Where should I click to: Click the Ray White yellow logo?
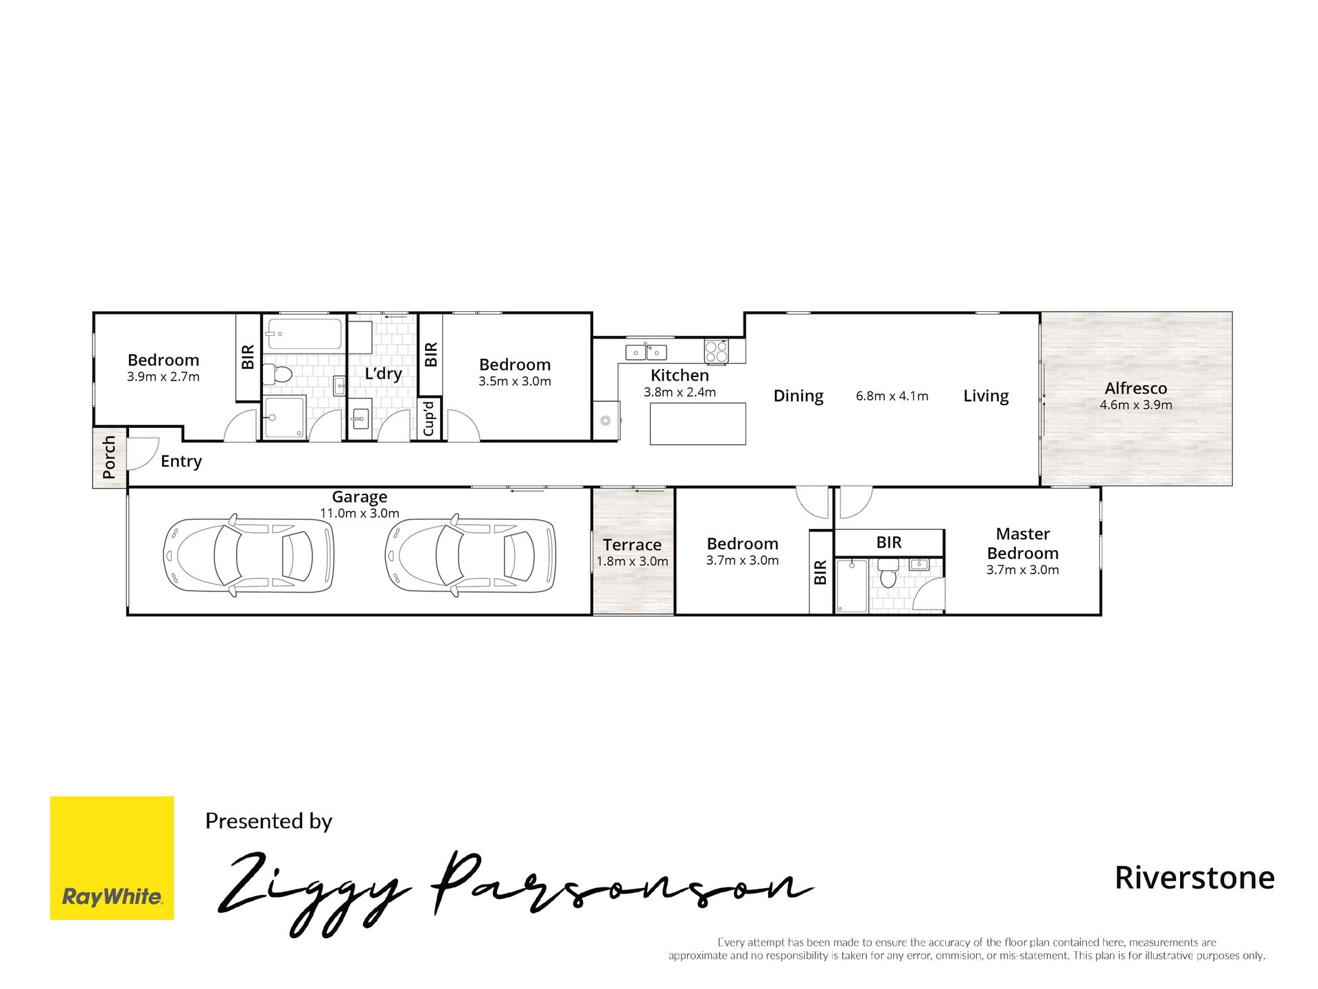pos(112,858)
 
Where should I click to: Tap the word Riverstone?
pos(1194,878)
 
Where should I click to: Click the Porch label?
pos(109,457)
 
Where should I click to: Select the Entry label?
pos(181,462)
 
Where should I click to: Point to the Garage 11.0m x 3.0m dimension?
pos(360,513)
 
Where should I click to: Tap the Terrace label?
pos(632,545)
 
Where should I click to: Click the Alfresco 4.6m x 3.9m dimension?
pos(1136,405)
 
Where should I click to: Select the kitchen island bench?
pos(697,424)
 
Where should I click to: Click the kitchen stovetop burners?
pos(716,352)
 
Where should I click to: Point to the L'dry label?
pos(383,373)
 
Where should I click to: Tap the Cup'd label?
pos(429,418)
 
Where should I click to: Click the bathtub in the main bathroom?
pos(304,334)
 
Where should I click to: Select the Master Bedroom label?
pos(1023,543)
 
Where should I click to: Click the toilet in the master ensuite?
pos(889,573)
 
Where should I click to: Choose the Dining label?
pos(798,396)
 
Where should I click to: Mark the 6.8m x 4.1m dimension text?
pos(892,396)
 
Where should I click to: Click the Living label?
pos(986,396)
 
